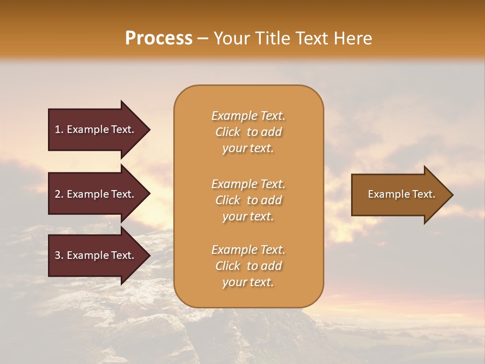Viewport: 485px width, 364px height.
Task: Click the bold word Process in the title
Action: click(159, 38)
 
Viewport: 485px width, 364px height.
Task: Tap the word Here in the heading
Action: click(353, 38)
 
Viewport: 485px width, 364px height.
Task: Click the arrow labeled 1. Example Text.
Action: click(96, 129)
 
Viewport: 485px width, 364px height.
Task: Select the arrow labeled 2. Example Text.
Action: click(96, 194)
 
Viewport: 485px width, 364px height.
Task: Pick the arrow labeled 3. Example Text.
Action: click(96, 255)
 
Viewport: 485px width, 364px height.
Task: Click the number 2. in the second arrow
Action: click(59, 194)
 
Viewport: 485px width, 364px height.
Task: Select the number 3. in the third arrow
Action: click(59, 255)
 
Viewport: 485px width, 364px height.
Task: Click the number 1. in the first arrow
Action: click(59, 129)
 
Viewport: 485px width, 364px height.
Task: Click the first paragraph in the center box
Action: click(248, 132)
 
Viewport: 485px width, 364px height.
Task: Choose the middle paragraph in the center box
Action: click(248, 200)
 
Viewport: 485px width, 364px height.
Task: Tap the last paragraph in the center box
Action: click(248, 266)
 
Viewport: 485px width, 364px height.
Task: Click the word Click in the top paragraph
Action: click(228, 132)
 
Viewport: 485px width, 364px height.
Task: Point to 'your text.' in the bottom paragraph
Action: click(248, 282)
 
